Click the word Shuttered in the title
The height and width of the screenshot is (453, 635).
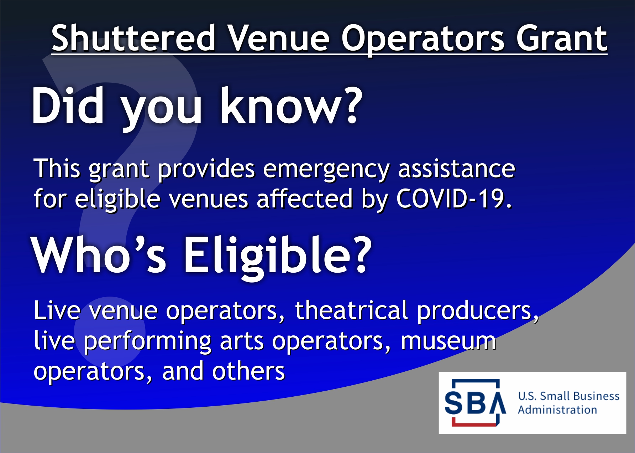134,38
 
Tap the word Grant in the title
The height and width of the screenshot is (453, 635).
562,38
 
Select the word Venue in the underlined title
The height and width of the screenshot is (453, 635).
279,38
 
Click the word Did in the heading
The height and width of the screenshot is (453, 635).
68,105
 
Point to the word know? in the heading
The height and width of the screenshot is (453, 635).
291,105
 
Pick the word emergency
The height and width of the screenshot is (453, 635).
326,170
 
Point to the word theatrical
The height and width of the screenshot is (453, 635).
352,310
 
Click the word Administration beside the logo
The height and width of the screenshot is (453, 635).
557,410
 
